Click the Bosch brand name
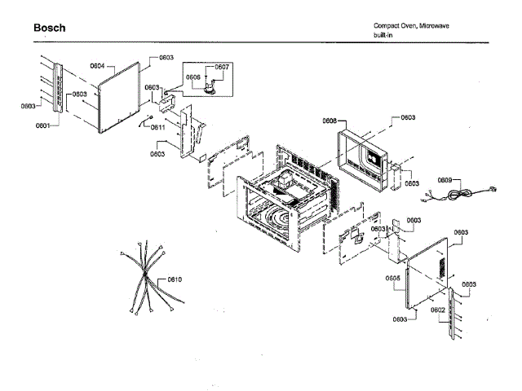point(50,28)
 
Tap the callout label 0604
point(97,65)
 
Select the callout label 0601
point(42,125)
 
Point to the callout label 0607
point(223,67)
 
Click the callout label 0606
point(193,77)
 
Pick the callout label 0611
point(157,128)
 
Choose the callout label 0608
point(329,120)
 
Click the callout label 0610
point(174,279)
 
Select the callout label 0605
point(392,278)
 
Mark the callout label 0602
point(437,310)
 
